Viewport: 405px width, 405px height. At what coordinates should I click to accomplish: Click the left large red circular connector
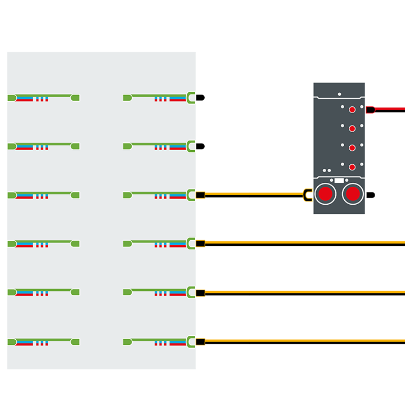(325, 194)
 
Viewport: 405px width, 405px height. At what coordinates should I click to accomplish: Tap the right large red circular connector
(352, 194)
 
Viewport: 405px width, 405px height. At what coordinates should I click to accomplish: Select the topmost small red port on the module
(352, 109)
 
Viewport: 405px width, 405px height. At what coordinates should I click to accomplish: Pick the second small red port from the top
(352, 128)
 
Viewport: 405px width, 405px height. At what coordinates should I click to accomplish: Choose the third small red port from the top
(352, 147)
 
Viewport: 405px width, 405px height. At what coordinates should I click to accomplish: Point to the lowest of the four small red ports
(352, 166)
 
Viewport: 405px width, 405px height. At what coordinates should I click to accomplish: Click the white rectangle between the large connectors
(339, 181)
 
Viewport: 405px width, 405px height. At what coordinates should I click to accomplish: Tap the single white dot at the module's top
(339, 94)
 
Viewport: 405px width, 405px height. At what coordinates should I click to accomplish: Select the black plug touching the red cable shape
(370, 109)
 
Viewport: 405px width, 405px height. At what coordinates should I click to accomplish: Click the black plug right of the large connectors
(370, 195)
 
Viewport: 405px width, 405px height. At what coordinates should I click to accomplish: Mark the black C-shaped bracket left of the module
(307, 195)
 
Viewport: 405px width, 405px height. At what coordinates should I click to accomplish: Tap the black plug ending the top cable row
(201, 97)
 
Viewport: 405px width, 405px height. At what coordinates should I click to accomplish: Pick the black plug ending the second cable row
(201, 146)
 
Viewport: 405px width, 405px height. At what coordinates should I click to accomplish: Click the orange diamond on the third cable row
(200, 195)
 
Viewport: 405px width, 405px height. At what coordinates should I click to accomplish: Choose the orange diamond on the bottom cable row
(200, 341)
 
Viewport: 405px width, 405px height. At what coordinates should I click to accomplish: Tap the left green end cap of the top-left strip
(11, 98)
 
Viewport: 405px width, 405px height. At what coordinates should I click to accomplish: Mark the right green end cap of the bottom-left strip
(75, 341)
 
